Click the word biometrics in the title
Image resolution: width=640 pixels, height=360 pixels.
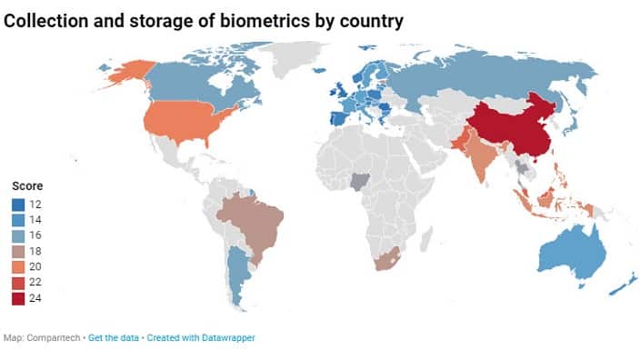[265, 20]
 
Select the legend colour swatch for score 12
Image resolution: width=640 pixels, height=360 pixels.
[18, 203]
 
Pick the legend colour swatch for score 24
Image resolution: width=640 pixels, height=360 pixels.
[18, 297]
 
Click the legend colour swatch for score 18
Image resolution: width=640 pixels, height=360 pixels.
[18, 250]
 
